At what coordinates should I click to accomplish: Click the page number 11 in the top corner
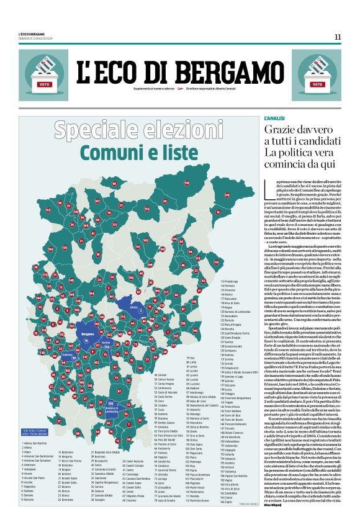coord(337,36)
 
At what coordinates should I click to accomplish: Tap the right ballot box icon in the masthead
coord(315,75)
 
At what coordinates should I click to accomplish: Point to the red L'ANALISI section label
coord(274,118)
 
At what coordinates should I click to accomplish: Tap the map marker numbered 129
coord(227,196)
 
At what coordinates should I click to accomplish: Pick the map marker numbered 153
coord(48,210)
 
